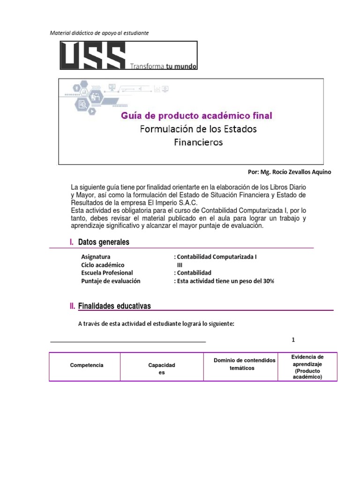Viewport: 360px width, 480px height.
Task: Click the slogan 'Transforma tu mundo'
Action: click(163, 66)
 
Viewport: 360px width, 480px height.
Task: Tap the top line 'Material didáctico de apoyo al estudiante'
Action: click(99, 33)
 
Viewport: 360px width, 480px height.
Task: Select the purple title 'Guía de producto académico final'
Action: click(196, 115)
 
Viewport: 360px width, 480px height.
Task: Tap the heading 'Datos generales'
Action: click(104, 242)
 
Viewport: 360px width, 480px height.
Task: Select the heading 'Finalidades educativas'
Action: click(114, 306)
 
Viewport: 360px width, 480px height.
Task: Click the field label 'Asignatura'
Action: click(96, 257)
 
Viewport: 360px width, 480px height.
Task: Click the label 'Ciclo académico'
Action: click(103, 265)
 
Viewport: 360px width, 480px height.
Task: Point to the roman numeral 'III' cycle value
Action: click(180, 265)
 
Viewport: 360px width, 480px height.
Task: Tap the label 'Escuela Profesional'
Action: click(107, 273)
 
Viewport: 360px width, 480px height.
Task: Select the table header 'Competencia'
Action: click(87, 365)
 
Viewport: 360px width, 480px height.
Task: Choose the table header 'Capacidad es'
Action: click(162, 368)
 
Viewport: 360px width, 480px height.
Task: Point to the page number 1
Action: click(293, 340)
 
